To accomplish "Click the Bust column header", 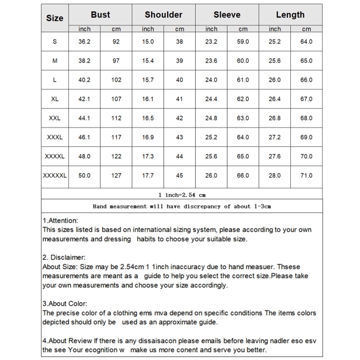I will [x=100, y=15].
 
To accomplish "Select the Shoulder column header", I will [x=164, y=15].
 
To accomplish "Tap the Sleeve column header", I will [x=227, y=15].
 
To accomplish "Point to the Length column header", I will [x=290, y=15].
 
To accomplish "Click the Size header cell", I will [x=55, y=18].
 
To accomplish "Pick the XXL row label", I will [x=55, y=118].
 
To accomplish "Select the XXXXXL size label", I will [x=55, y=176].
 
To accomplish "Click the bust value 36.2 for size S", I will [x=84, y=42].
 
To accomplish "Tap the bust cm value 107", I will [x=116, y=99].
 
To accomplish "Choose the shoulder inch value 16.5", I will [x=148, y=118].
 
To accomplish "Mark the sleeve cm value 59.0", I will [x=243, y=42].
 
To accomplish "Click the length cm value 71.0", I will [x=306, y=176].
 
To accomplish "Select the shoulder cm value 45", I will [x=180, y=176].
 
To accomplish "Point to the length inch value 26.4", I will [x=275, y=99].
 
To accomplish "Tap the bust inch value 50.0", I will [x=84, y=176].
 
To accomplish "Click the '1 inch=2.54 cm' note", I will [x=182, y=195].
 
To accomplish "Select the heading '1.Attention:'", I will [x=60, y=221].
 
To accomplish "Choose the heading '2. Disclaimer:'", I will [x=64, y=258].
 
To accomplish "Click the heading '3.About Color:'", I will [x=65, y=304].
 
